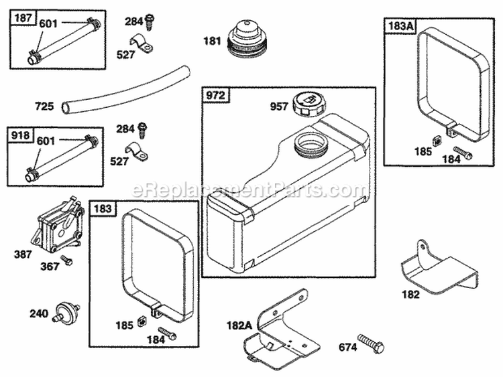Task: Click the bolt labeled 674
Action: coord(370,344)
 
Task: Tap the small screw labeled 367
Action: coord(66,260)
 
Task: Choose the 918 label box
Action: coord(21,135)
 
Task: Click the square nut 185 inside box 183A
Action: coord(436,141)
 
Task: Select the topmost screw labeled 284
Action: coord(151,21)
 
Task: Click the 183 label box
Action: coord(102,208)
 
